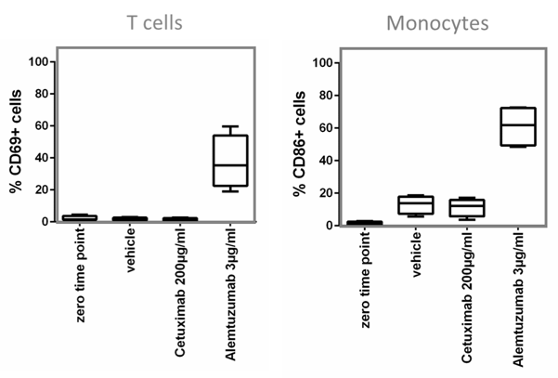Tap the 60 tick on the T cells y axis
click(43, 126)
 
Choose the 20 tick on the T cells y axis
click(43, 190)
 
